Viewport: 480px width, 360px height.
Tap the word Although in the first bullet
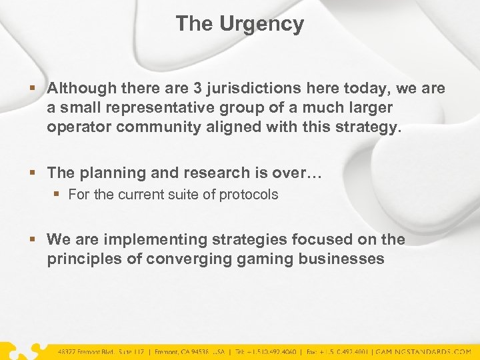[x=81, y=88]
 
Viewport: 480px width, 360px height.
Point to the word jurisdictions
[x=250, y=88]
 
